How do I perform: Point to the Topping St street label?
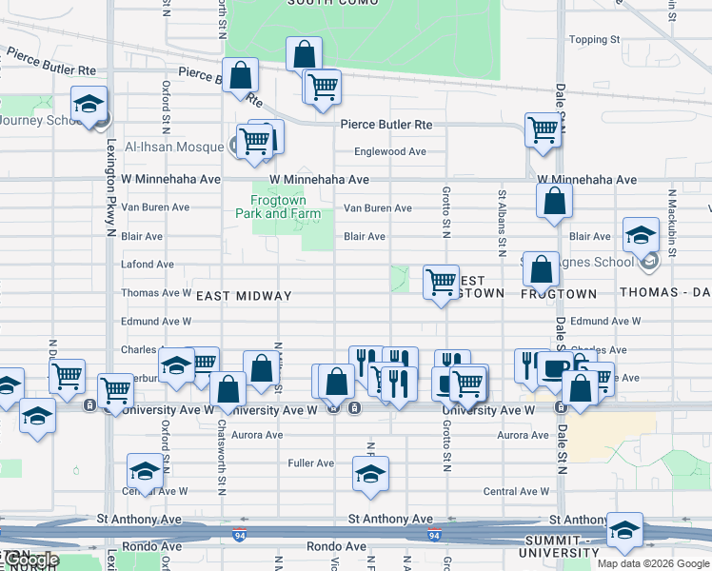(593, 40)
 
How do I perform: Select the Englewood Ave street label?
(389, 151)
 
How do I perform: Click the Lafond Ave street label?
(148, 265)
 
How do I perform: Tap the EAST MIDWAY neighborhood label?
(244, 296)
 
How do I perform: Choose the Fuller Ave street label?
(311, 463)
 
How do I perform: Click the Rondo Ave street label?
(336, 547)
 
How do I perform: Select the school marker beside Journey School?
(89, 106)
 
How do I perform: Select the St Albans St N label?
(501, 225)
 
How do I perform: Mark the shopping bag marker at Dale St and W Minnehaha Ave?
(554, 203)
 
